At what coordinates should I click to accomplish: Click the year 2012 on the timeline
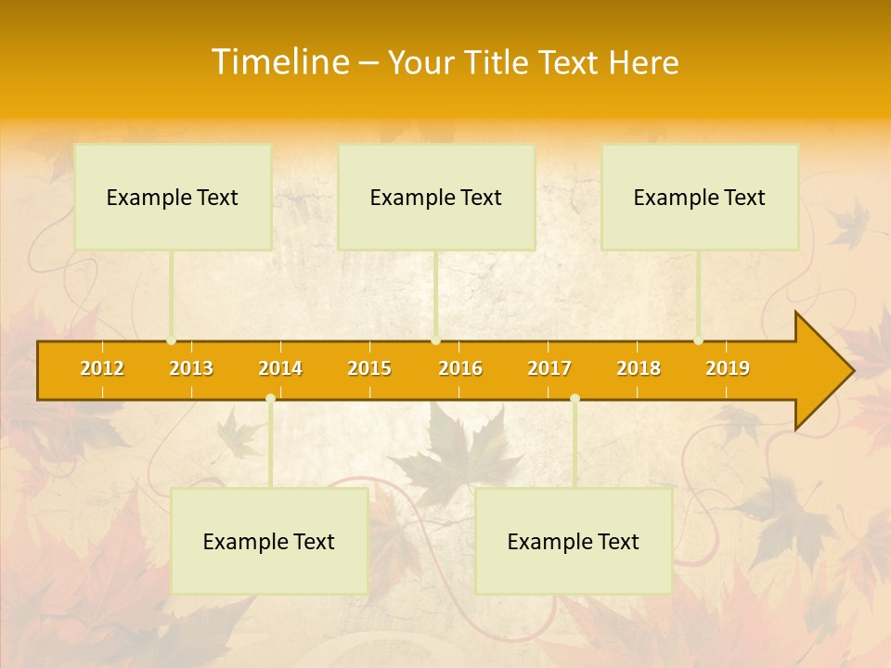tap(102, 368)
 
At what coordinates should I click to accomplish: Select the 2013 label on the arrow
tap(191, 368)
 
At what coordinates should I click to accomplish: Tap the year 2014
tap(280, 368)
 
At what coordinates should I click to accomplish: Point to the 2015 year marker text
tap(369, 368)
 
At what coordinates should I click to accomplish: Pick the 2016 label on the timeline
tap(460, 368)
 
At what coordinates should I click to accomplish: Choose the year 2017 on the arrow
tap(549, 368)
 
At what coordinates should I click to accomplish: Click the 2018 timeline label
tap(639, 368)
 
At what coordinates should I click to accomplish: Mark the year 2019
tap(728, 368)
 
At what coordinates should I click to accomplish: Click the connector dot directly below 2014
tap(270, 398)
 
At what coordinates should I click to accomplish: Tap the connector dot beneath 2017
tap(575, 398)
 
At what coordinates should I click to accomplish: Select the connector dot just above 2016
tap(435, 340)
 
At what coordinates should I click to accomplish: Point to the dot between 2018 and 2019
tap(698, 340)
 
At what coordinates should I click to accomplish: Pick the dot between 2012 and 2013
tap(171, 340)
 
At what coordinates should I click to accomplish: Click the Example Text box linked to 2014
tap(269, 541)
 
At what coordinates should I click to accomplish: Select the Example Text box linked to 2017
tap(574, 541)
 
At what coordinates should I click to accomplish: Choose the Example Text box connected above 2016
tap(436, 197)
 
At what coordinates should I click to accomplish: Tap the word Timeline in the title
tap(278, 62)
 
